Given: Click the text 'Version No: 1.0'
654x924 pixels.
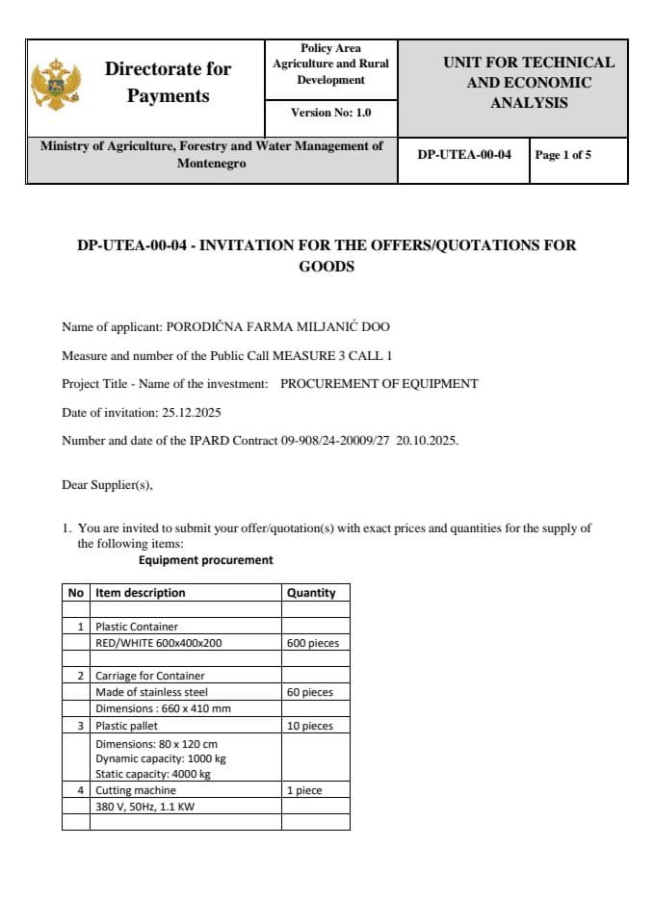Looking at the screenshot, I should click(x=330, y=113).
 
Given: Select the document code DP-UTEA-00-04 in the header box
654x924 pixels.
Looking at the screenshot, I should click(x=464, y=155).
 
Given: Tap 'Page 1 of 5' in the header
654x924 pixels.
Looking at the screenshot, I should click(x=563, y=155).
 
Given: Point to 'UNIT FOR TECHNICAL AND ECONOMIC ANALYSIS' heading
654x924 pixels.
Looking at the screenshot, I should click(x=529, y=83).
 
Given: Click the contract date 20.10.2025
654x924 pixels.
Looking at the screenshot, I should click(x=428, y=441).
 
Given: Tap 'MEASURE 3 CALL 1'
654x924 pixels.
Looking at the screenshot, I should click(x=332, y=355).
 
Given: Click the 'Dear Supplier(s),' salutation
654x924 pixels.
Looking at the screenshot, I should click(x=107, y=485).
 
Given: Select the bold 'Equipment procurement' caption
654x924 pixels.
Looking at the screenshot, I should click(x=205, y=559).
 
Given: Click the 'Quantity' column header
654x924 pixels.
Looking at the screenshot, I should click(x=311, y=593).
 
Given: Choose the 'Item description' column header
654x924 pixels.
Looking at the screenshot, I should click(x=141, y=593).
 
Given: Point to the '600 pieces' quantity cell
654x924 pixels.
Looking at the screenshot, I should click(x=313, y=643).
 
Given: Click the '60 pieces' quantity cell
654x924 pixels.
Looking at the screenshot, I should click(x=310, y=692).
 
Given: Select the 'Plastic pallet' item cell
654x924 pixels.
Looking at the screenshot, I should click(x=126, y=726).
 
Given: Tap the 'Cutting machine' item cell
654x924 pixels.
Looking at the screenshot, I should click(x=136, y=790).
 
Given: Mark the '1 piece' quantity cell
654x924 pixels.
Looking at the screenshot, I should click(x=304, y=790).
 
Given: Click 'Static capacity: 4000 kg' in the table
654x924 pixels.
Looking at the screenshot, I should click(x=153, y=774).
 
